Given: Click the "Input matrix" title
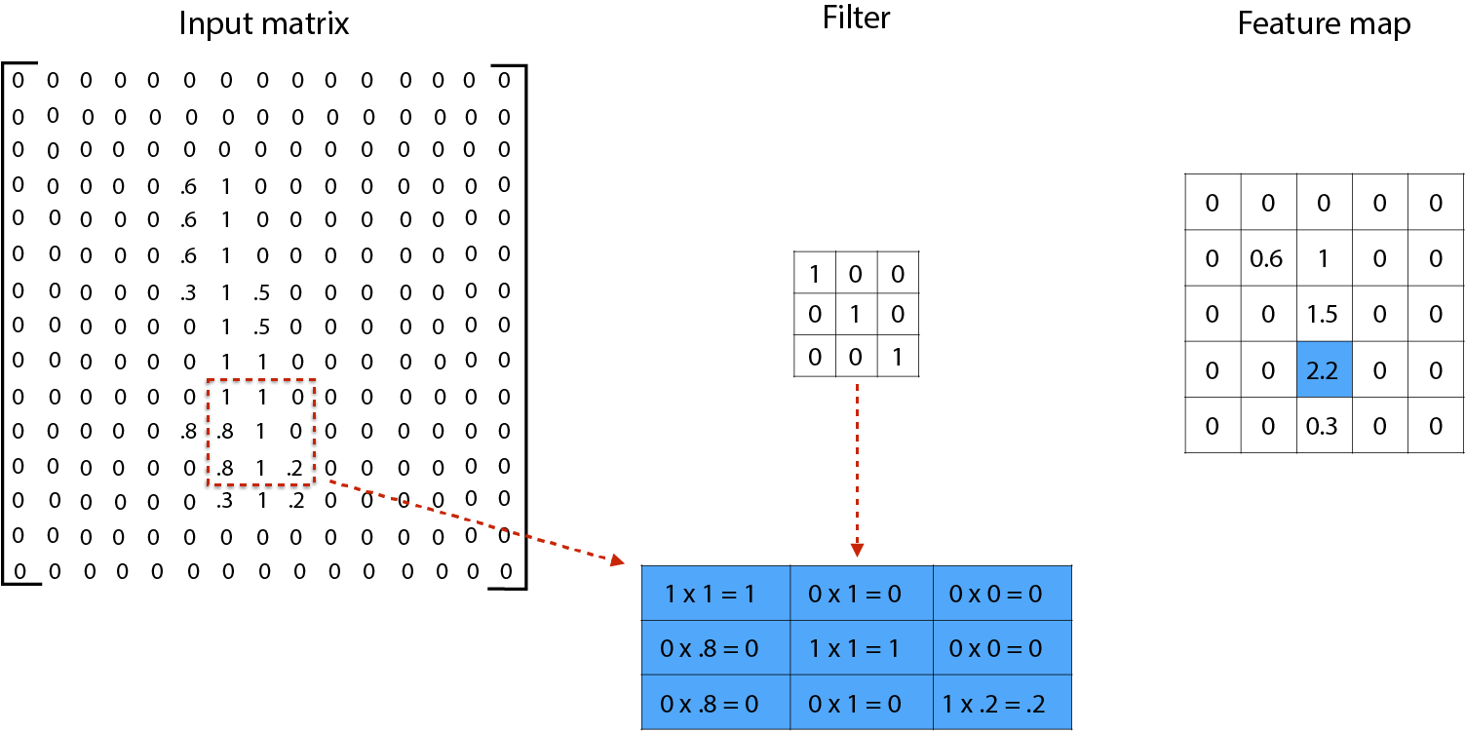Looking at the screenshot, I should click(263, 23).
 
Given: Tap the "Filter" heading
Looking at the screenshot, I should click(856, 18).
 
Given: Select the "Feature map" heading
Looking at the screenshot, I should click(1324, 23).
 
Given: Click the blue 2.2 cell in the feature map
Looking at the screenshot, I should click(1324, 369).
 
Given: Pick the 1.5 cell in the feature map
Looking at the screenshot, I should click(1324, 314).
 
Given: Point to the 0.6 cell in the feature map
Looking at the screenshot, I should click(1267, 258).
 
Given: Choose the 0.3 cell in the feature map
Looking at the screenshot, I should click(1324, 426).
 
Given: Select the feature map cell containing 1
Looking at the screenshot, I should click(1324, 258).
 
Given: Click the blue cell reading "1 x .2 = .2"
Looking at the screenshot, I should click(1001, 704).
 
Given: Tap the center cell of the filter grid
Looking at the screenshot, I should click(856, 315).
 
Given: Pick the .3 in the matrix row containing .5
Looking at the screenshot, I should click(189, 291).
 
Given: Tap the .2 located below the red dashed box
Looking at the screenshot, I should click(296, 502).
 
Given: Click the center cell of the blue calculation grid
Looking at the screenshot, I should click(856, 648).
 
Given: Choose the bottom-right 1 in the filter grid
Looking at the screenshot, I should click(898, 357).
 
